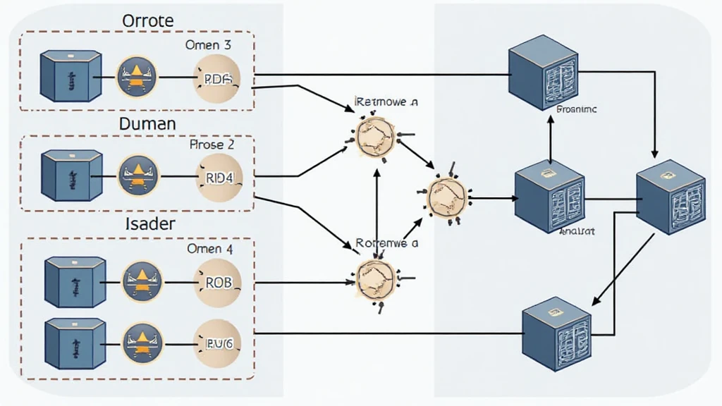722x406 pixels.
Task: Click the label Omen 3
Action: tap(209, 45)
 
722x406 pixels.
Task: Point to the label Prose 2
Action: tap(212, 145)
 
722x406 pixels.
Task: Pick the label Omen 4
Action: tap(209, 249)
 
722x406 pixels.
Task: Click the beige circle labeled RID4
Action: tap(218, 178)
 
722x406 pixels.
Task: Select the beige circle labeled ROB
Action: tap(218, 282)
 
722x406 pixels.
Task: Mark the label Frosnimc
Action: tap(577, 110)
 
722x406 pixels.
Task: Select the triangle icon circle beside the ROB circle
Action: tap(142, 280)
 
